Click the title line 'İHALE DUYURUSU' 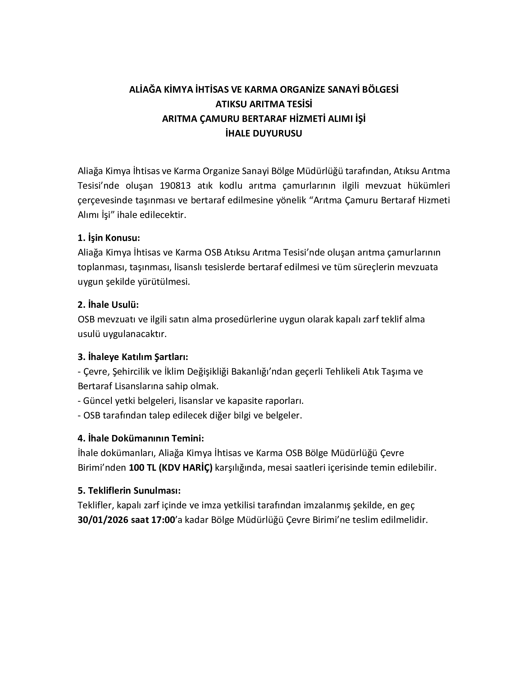point(264,133)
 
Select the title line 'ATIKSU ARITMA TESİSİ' point(264,104)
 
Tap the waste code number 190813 point(175,186)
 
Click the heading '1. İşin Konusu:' point(108,238)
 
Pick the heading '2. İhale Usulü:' point(108,304)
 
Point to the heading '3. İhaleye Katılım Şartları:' point(133,357)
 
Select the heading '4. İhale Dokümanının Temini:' point(141,438)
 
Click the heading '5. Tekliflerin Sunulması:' point(129,490)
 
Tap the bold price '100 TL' point(143,468)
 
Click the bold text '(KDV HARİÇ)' point(185,468)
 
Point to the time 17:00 point(163,520)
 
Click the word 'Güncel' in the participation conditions point(98,401)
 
